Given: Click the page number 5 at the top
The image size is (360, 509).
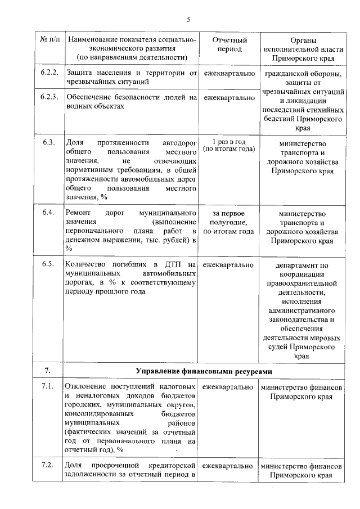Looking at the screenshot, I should coord(189,20).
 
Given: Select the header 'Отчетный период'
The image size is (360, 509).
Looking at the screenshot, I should coord(228,44).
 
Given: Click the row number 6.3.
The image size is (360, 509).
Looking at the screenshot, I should coord(48,142).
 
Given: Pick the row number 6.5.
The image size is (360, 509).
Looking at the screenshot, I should coord(48,264).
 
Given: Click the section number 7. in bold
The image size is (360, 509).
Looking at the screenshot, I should coord(48,371).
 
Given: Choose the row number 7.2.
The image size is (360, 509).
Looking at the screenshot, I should coord(48,466).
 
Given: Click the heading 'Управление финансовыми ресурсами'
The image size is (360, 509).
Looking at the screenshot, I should coord(205,371).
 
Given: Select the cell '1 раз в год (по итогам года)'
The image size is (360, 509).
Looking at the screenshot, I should coord(228,145).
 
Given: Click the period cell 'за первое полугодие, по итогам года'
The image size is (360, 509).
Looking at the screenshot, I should coord(228,222).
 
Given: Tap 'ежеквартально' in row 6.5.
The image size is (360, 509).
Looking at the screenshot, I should coord(228,264).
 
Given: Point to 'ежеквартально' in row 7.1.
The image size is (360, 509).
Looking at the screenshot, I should coord(228,388).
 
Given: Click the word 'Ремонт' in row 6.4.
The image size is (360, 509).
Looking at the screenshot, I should coord(79,214).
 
